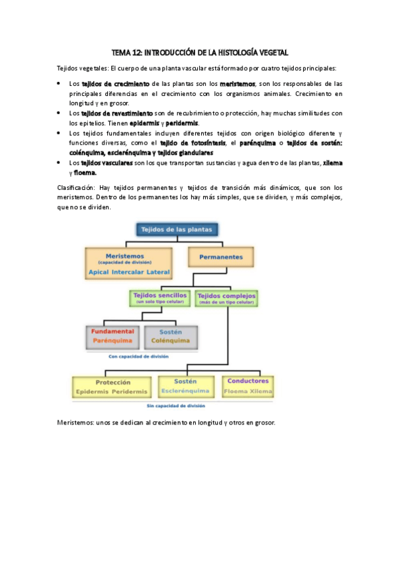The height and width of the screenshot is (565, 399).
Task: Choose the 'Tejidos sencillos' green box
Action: pos(159,297)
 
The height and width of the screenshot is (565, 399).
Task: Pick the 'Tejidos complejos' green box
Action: pos(227,297)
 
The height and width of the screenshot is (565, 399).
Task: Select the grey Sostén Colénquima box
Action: pos(171,336)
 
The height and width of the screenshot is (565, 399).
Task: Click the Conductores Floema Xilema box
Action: pos(248,385)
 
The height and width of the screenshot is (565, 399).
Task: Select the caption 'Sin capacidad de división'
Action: pos(177,405)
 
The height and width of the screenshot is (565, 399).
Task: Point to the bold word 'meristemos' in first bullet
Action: pos(238,84)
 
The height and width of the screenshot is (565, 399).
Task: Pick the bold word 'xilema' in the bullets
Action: pos(332,163)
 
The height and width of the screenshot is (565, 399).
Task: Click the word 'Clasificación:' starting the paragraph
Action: pos(75,187)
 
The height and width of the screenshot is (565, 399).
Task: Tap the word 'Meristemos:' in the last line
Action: pos(75,423)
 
